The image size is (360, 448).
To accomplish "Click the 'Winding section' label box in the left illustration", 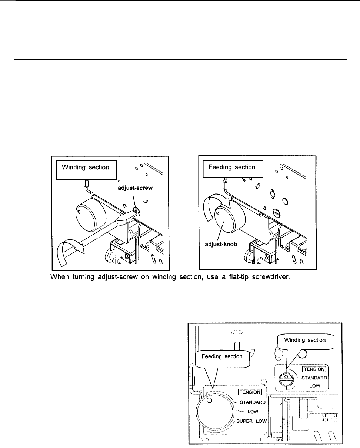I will [x=85, y=167].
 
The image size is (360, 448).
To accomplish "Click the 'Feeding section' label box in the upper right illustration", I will [x=231, y=167].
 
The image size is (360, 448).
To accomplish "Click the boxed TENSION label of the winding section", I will [x=314, y=369].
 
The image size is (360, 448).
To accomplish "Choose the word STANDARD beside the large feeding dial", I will [x=253, y=402].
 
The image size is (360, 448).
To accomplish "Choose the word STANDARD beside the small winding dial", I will [x=314, y=378].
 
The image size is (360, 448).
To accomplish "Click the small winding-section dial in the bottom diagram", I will [x=286, y=380].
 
